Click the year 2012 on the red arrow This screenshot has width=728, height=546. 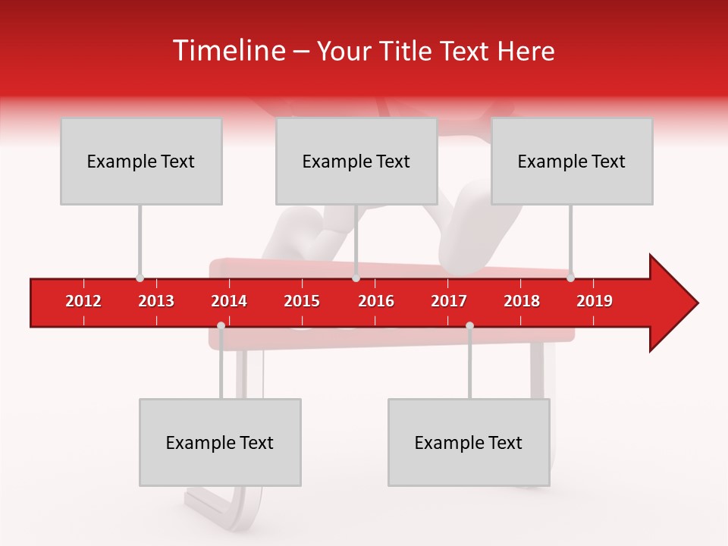tap(83, 301)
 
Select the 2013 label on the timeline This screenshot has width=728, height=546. tap(156, 301)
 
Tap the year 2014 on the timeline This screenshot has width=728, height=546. tap(229, 301)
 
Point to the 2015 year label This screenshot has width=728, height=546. tap(302, 301)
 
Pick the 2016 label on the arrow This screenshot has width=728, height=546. tap(376, 301)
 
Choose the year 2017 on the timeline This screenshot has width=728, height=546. tap(449, 301)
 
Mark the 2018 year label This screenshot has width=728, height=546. tap(522, 301)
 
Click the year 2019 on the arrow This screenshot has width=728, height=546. tap(595, 301)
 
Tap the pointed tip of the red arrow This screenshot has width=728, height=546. tap(695, 303)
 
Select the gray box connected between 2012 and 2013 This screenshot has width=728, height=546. tap(141, 161)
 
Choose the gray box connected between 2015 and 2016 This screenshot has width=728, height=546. tap(356, 161)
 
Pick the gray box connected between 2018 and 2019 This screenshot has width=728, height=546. tap(572, 161)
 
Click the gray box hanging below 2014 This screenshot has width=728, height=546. tap(220, 442)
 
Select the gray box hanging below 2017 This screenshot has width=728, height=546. tap(469, 442)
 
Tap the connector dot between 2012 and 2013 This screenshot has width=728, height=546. tap(140, 278)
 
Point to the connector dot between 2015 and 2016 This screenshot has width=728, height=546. tap(356, 278)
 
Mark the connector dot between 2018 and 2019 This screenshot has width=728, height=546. tap(570, 278)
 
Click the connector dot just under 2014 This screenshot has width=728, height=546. tap(221, 326)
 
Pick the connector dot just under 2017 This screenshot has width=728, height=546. tap(469, 326)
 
